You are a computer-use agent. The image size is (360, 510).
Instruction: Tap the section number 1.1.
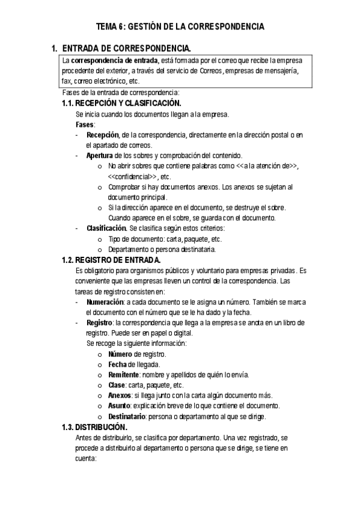click(x=69, y=103)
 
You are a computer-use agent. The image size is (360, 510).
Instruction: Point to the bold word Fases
click(x=85, y=124)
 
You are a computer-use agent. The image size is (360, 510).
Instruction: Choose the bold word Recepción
click(x=103, y=135)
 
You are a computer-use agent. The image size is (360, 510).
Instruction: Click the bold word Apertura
click(x=100, y=155)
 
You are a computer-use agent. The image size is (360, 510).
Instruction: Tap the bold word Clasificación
click(x=106, y=229)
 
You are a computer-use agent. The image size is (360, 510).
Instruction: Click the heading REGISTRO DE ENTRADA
click(x=118, y=260)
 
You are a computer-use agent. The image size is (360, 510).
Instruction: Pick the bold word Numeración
click(x=105, y=302)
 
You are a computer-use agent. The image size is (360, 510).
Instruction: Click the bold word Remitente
click(x=124, y=375)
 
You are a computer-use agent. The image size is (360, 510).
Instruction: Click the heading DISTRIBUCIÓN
click(x=101, y=427)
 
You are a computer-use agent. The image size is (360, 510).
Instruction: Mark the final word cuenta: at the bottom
click(x=86, y=458)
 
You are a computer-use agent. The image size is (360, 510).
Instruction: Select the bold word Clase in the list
click(x=117, y=385)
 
